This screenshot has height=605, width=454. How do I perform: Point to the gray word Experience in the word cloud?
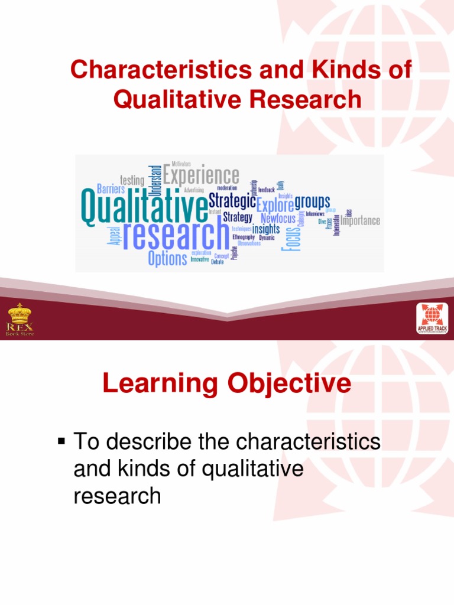point(201,175)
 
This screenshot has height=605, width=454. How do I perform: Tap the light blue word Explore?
point(275,206)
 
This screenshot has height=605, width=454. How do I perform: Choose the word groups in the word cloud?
point(312,202)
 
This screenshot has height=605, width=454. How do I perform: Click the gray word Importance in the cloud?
point(360,221)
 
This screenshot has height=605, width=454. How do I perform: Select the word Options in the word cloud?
point(168,258)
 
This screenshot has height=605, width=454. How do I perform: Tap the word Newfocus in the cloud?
point(278,218)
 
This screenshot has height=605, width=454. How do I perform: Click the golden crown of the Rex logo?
point(21,313)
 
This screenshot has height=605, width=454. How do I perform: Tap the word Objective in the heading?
point(286,385)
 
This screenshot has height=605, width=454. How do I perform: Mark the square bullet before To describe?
point(61,441)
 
